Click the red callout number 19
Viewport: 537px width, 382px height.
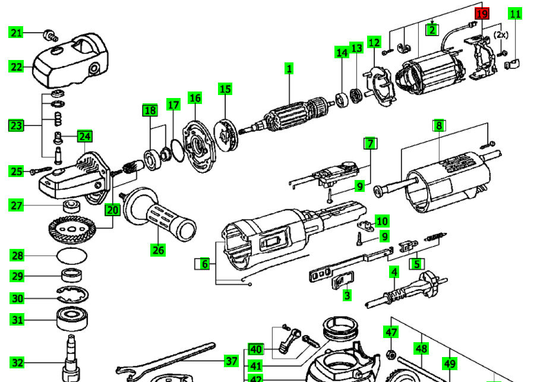(x=482, y=14)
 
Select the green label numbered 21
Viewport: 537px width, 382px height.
(x=16, y=33)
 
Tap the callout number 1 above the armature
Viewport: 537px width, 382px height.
(x=289, y=68)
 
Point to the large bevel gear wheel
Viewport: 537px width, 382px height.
(x=72, y=229)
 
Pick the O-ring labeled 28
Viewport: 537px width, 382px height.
(x=72, y=255)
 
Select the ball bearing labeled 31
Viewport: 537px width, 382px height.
(x=72, y=319)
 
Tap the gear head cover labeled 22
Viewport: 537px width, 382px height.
(x=70, y=62)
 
